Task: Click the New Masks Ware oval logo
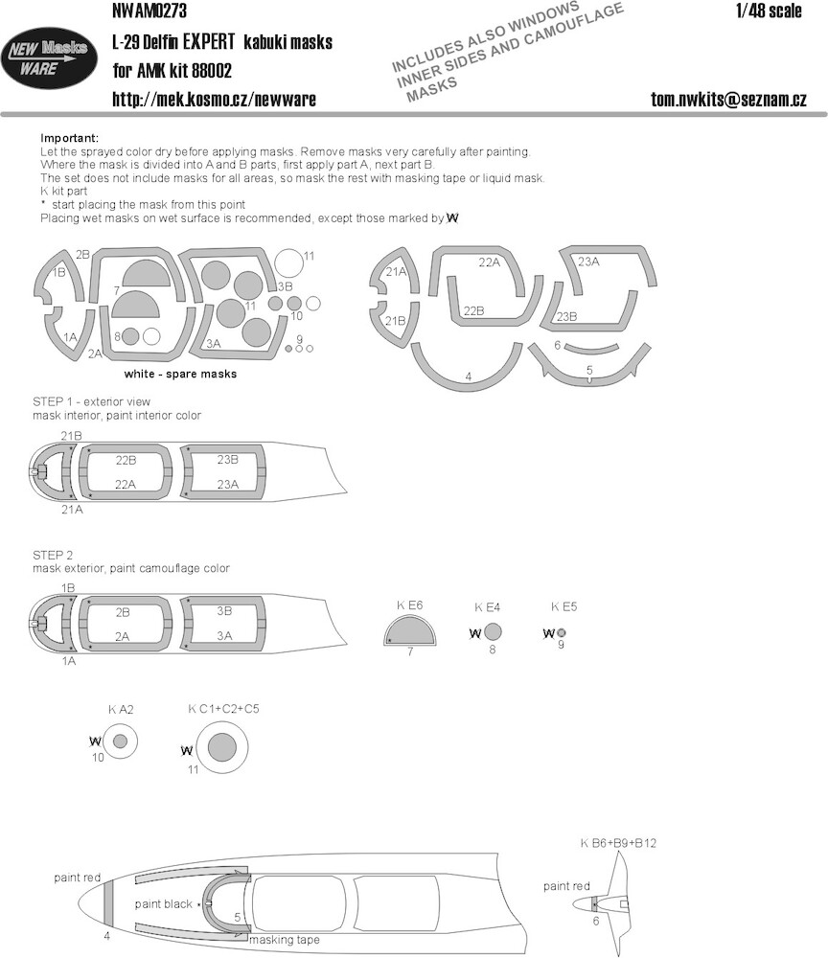coord(49,58)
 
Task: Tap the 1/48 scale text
coord(769,11)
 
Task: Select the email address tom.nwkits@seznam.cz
coord(728,100)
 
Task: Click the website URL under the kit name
coord(214,100)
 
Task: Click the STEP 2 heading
coord(53,555)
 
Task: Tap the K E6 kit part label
coord(409,604)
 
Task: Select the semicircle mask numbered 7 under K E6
coord(410,631)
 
